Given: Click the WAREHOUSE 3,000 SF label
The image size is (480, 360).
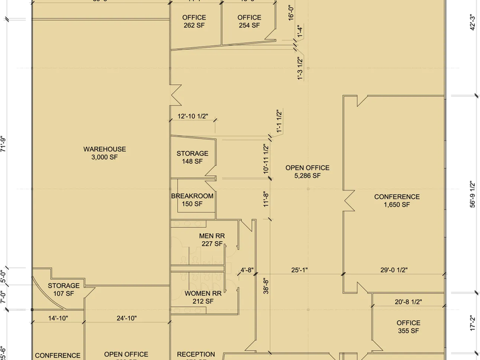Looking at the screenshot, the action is (105, 154).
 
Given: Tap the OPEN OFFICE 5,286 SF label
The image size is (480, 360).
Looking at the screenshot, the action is (307, 172).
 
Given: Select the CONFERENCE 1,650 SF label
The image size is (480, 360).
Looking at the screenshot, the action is (397, 201).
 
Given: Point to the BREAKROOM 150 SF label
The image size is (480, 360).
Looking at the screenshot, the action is (192, 200).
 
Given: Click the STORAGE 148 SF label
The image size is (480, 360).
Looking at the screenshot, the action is (192, 158).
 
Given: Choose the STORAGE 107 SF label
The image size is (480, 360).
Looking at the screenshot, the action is (64, 289).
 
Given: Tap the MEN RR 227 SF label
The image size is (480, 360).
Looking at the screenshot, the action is (211, 240).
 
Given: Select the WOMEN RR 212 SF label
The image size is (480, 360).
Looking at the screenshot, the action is (203, 297).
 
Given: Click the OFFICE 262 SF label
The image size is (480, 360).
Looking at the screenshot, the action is (194, 22).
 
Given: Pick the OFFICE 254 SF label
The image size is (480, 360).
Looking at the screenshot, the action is (249, 22).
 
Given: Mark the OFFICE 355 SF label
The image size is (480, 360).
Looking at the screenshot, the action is (408, 326).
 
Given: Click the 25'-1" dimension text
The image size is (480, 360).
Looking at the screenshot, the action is (299, 271).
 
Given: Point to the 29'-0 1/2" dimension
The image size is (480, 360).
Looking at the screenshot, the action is (394, 271).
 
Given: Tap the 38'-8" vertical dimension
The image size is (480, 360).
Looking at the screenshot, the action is (266, 286).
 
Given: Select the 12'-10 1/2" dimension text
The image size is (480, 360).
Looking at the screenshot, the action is (193, 116).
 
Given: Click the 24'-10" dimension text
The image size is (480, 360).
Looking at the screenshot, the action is (126, 318).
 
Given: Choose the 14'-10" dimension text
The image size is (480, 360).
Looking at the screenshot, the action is (58, 318).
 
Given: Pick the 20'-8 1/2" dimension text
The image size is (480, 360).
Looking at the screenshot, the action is (408, 302).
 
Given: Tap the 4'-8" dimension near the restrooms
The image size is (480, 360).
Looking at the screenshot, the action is (247, 271).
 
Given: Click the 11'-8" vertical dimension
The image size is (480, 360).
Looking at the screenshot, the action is (266, 199).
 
